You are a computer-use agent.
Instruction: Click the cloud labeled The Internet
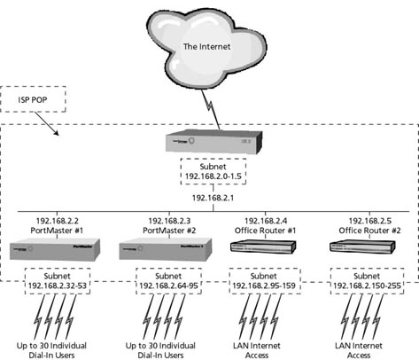point(208,44)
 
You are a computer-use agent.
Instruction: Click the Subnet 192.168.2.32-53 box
point(55,281)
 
